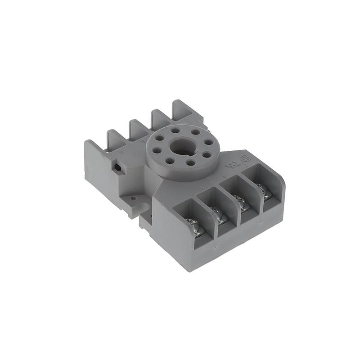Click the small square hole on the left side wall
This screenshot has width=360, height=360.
[x=118, y=167]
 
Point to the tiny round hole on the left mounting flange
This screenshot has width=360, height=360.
[x=133, y=197]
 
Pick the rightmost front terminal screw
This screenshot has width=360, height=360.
[x=265, y=191]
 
